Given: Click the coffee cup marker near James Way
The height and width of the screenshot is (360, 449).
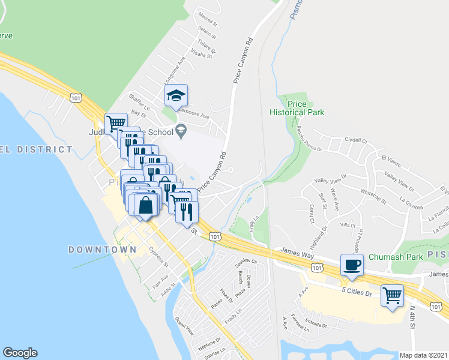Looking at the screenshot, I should (352, 265).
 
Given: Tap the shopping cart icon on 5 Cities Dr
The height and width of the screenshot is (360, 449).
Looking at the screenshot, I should (392, 295).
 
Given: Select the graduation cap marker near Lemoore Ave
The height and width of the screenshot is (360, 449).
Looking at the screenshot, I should (176, 95).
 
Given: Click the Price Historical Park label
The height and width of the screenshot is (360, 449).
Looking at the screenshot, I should (297, 107).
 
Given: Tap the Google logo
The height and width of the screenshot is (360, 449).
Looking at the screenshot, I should (20, 353).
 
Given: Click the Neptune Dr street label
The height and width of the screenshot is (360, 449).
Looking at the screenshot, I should (209, 346).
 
